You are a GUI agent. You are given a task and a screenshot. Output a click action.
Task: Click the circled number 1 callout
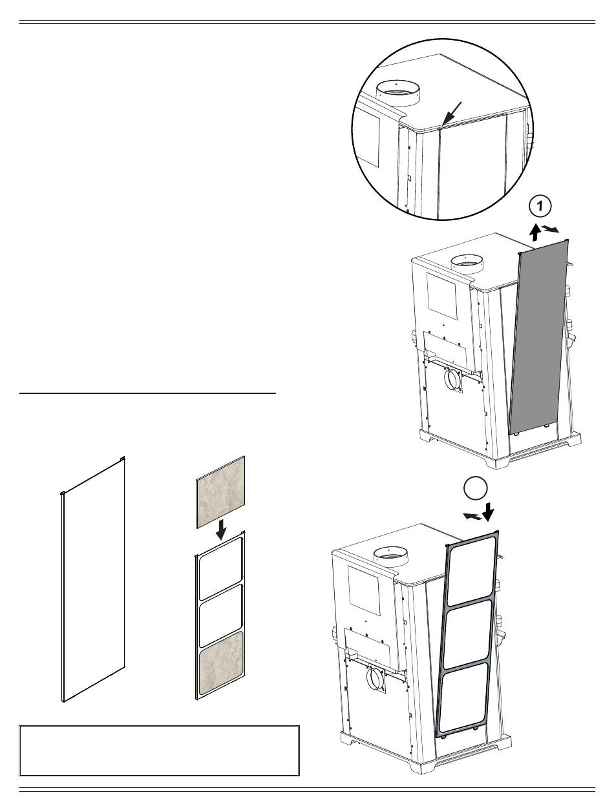point(540,206)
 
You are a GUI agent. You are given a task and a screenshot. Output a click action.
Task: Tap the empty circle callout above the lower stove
point(476,488)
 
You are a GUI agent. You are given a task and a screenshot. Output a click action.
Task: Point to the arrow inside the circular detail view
point(451,114)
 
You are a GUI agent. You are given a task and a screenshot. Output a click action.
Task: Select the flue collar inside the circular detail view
point(399,93)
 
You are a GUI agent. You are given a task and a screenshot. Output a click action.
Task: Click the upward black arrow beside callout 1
point(536,232)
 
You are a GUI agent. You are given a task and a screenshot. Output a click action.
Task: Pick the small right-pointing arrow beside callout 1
point(551,229)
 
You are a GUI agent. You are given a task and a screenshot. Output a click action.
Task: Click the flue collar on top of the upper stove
point(467,264)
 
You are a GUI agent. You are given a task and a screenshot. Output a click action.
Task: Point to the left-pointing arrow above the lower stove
point(472,516)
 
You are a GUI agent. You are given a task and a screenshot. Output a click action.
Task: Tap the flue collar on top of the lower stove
point(390,557)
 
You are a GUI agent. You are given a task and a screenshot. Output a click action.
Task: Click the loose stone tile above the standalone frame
point(221,492)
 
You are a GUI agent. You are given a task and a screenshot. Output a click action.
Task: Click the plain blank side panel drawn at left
point(93,579)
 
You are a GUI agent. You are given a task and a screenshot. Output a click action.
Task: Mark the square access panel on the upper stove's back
point(442,296)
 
